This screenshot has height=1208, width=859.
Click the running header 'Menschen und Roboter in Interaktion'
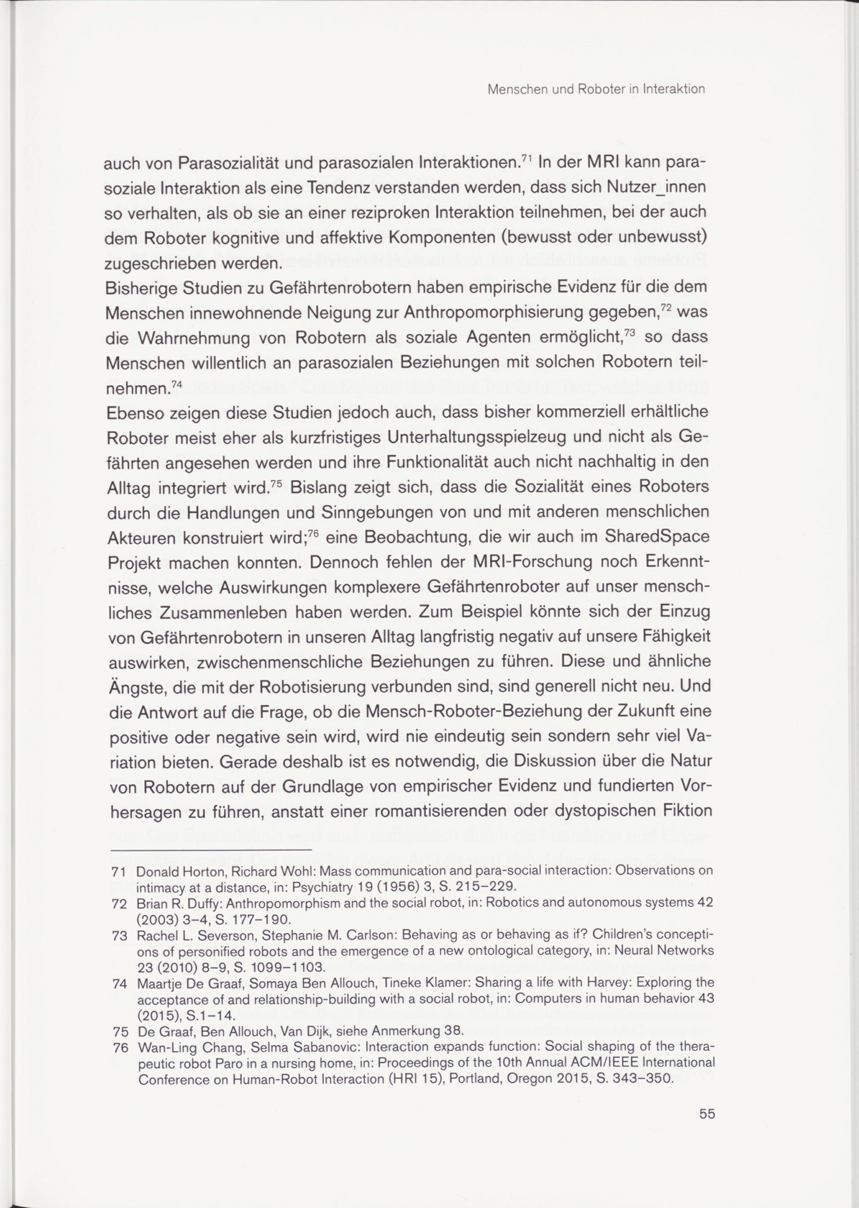[x=596, y=89]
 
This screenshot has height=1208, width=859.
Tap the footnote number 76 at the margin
[x=121, y=1046]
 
